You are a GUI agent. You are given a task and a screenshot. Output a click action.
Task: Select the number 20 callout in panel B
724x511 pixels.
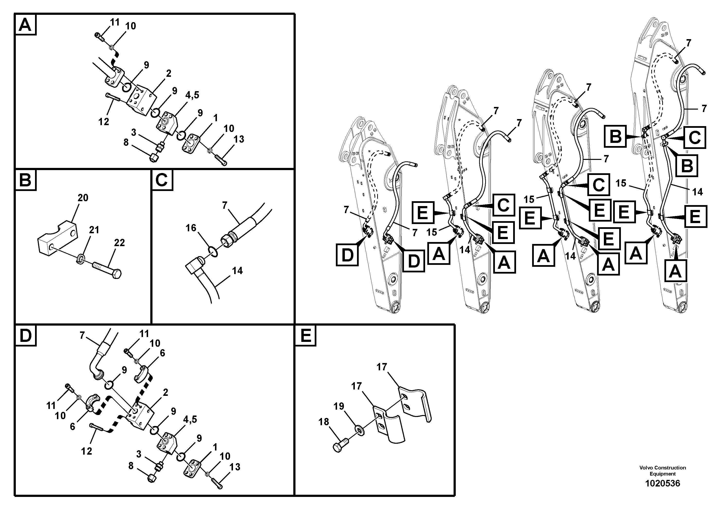(83, 198)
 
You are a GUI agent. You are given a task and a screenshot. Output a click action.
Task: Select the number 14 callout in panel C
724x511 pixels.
(237, 271)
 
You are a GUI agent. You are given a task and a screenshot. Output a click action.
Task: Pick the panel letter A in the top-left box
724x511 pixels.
(25, 25)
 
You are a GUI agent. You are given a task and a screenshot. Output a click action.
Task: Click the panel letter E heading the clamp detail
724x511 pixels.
(305, 335)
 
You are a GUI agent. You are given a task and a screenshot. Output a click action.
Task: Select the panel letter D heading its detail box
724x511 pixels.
(26, 336)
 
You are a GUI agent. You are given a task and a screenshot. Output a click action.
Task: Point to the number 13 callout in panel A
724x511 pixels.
(239, 139)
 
